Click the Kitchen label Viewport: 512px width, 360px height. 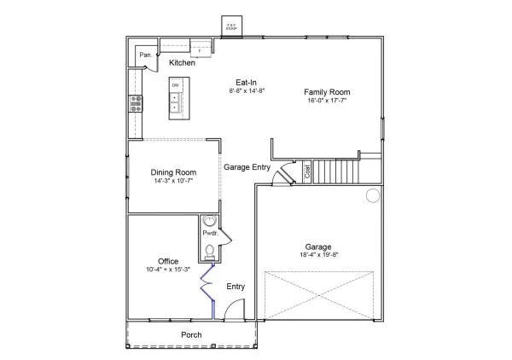(x=183, y=63)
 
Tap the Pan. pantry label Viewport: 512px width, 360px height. (x=146, y=56)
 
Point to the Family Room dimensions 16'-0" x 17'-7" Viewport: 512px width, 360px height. (x=328, y=101)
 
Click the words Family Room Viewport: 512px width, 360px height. (x=328, y=92)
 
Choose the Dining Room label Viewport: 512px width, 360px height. (x=173, y=171)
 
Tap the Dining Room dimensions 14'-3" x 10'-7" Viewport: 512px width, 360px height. (x=173, y=181)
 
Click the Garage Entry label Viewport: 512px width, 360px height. (x=247, y=167)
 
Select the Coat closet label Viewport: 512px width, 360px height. (x=308, y=173)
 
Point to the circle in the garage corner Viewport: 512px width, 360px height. (x=373, y=196)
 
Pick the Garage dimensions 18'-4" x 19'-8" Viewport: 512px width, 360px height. (x=319, y=255)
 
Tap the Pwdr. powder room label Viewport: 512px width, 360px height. (x=209, y=234)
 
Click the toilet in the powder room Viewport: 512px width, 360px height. (x=210, y=250)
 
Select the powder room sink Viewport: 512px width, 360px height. (x=210, y=221)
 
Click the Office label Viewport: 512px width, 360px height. (x=168, y=261)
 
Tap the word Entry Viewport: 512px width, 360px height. (x=236, y=287)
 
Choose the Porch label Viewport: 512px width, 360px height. (x=192, y=335)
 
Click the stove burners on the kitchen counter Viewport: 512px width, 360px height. (x=136, y=103)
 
